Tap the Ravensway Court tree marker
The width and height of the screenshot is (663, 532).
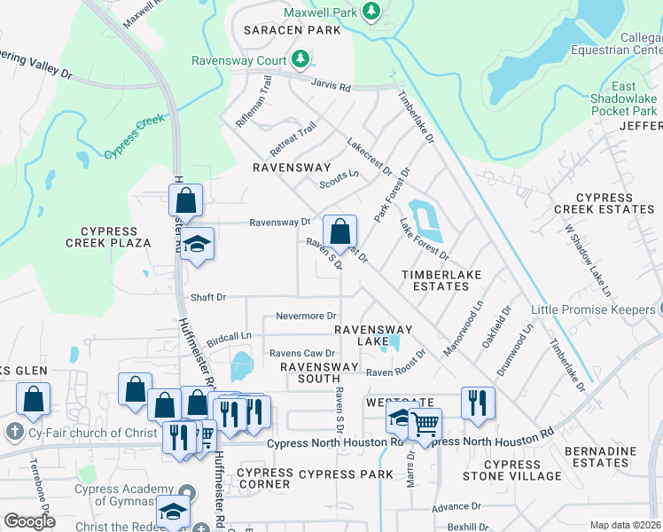(301, 59)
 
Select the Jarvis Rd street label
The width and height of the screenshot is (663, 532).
(331, 88)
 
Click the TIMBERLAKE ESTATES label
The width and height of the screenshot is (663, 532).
(441, 280)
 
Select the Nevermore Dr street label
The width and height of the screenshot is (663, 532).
(306, 316)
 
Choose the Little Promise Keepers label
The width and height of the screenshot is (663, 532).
(592, 309)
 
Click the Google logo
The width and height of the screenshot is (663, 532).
(29, 521)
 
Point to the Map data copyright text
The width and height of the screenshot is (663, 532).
(626, 525)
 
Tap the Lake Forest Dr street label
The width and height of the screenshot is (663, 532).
(424, 239)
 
